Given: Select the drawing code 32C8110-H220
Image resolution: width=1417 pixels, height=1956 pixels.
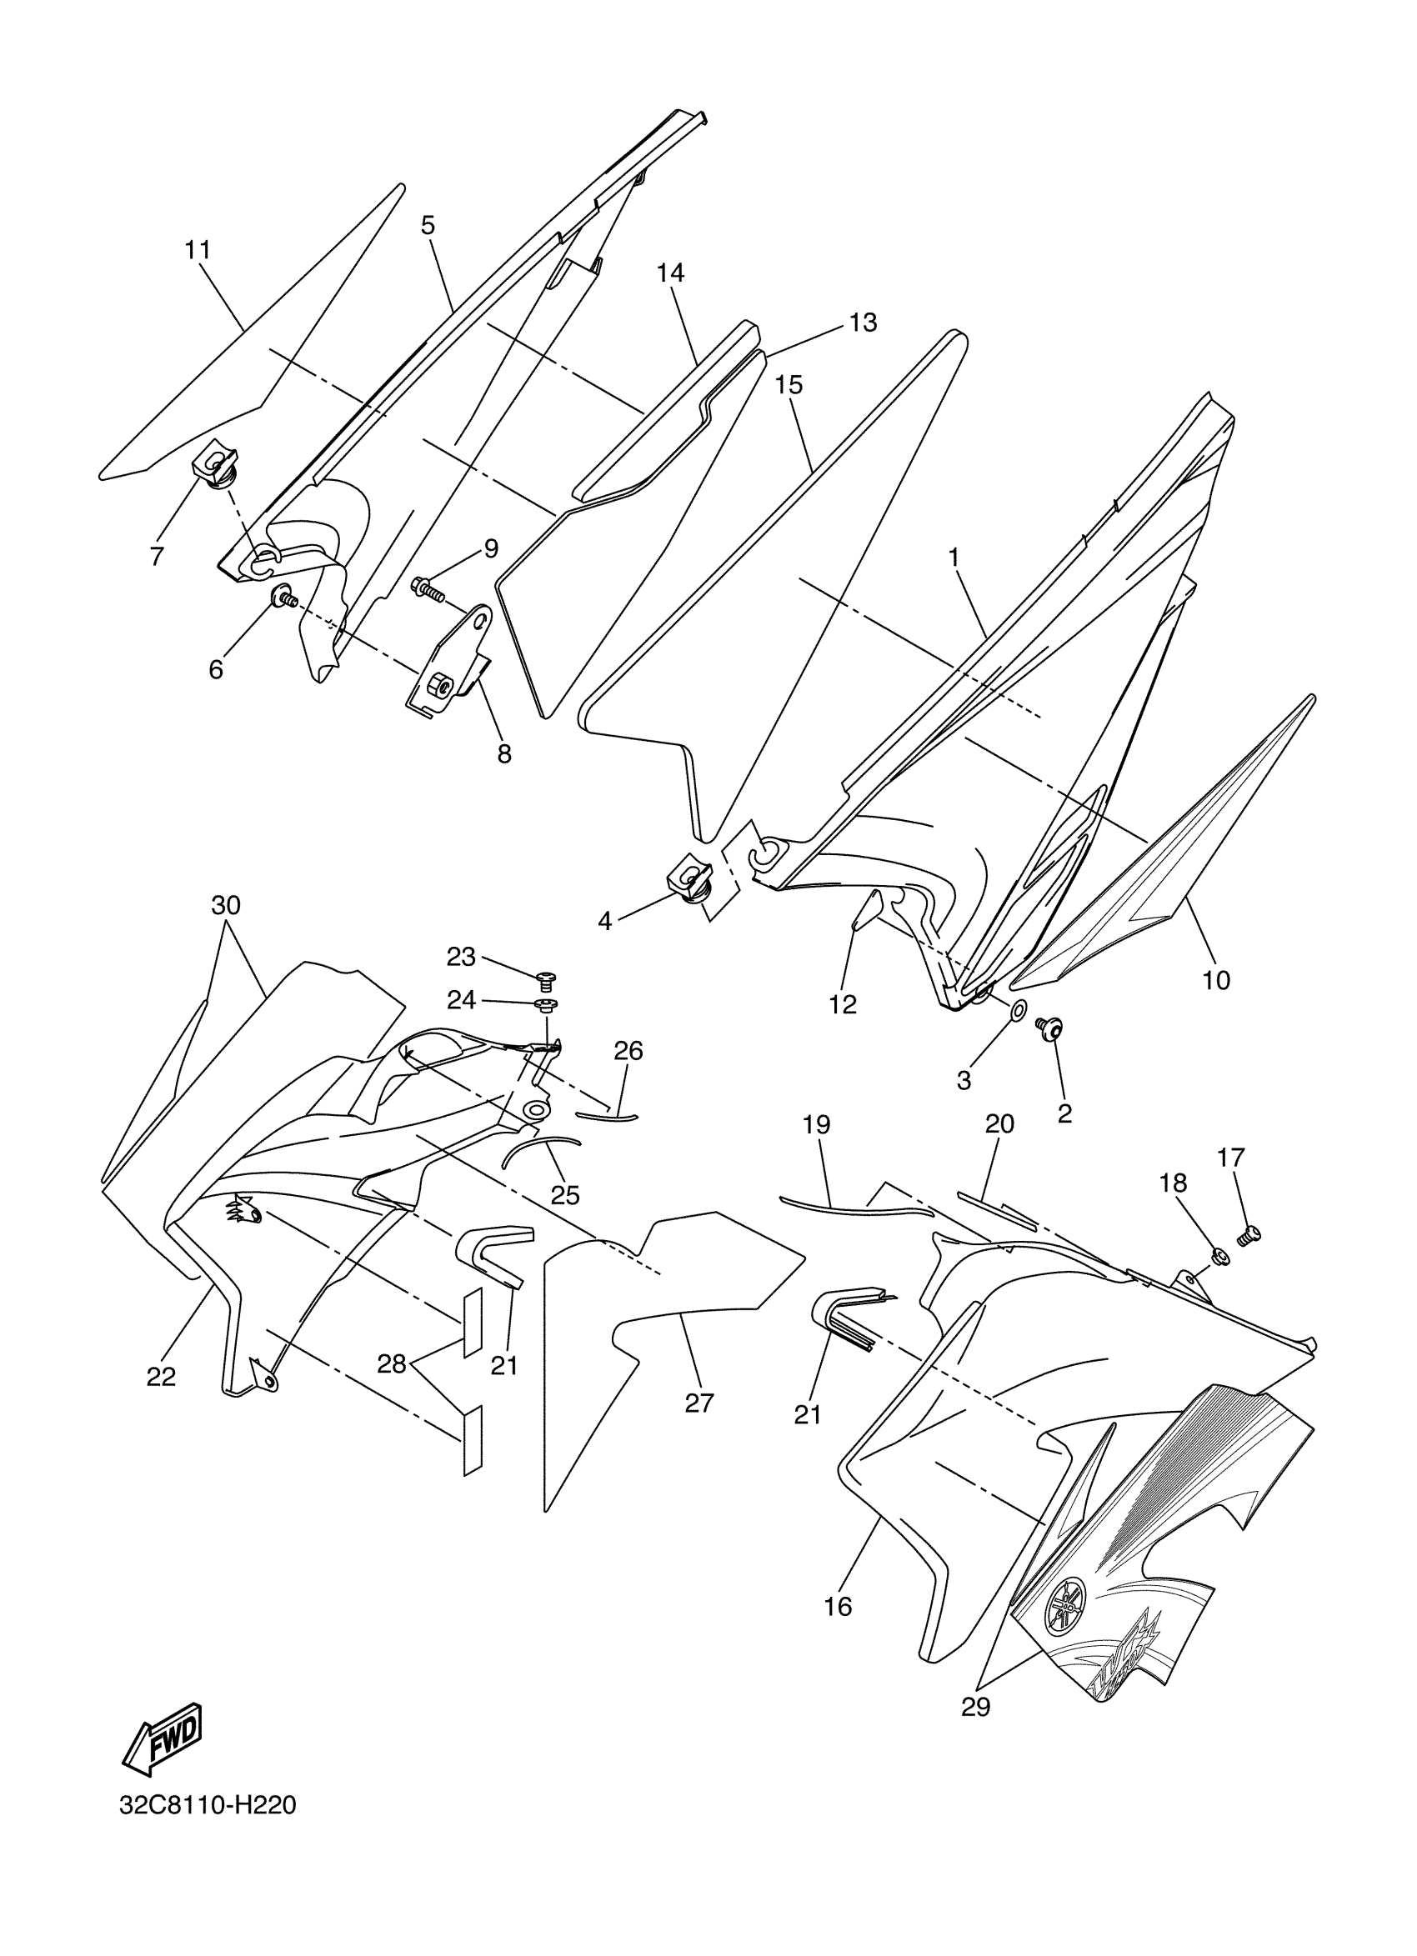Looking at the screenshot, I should [208, 1828].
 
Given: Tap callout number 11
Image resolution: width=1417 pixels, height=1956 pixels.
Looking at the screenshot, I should [198, 250].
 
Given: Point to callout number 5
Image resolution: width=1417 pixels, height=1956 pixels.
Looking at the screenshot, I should [428, 225].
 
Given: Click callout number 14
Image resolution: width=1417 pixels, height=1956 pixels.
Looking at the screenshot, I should [670, 273].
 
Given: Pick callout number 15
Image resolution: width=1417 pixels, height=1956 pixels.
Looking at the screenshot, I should [789, 385].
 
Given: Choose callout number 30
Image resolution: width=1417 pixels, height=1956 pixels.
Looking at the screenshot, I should [226, 906].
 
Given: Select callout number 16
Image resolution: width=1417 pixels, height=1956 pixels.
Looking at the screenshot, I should [838, 1606].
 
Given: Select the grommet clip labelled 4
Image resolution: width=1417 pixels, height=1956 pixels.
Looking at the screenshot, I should [689, 886].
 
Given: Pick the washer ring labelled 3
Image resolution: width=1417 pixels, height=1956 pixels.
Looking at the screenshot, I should [1018, 1009].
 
